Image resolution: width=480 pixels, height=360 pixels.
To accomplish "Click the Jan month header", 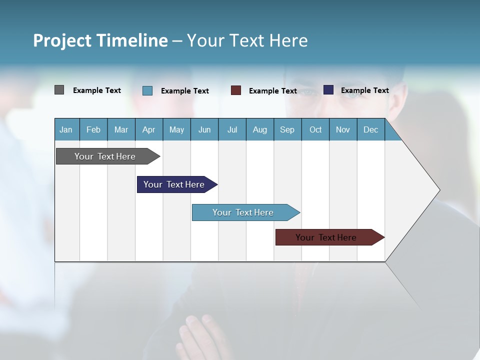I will (x=66, y=129).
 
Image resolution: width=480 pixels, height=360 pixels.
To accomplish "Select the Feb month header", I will (x=93, y=129).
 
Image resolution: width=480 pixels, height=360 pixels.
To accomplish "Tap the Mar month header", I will (x=121, y=129).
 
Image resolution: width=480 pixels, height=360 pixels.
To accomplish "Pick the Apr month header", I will (x=149, y=129).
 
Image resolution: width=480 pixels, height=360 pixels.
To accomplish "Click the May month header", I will (x=176, y=129).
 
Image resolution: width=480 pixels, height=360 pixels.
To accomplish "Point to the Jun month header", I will (x=204, y=129).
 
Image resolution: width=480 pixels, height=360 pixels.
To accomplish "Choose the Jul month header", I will (x=232, y=129).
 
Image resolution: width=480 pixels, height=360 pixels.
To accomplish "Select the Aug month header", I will (x=260, y=129).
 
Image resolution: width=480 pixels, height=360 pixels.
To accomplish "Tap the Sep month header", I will (x=287, y=129).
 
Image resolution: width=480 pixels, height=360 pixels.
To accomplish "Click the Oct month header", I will (x=315, y=129).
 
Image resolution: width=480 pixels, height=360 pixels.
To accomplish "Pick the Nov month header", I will (x=343, y=129).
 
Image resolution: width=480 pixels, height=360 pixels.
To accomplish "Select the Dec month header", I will (x=371, y=129).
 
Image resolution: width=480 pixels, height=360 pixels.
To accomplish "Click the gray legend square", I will (x=59, y=90).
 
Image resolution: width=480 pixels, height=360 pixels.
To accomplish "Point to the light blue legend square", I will (x=147, y=90).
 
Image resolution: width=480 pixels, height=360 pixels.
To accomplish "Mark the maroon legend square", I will (x=236, y=90).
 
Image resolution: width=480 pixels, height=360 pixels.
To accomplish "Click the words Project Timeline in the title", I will (x=100, y=40).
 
